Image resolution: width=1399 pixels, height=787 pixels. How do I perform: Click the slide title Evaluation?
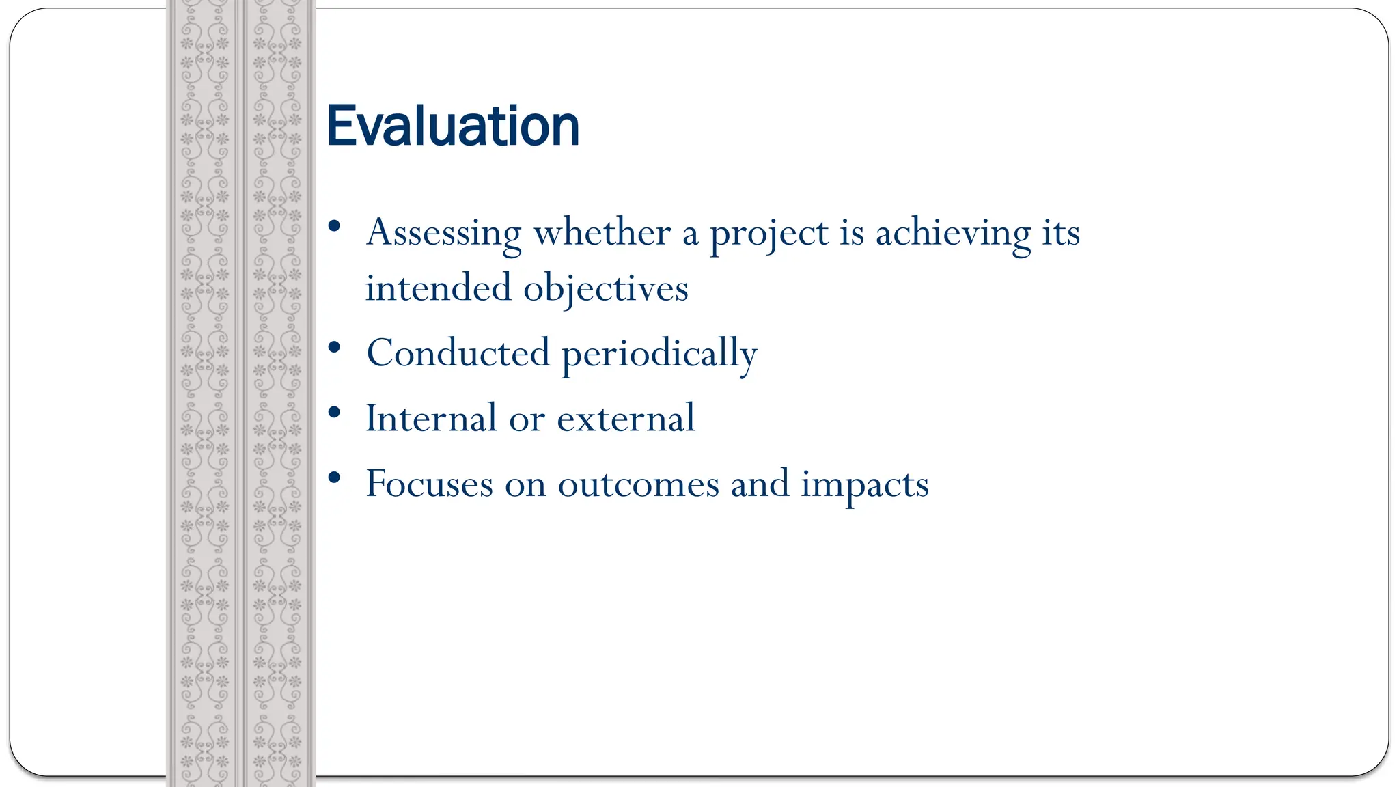click(453, 126)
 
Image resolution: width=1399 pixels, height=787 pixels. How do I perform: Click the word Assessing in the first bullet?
click(443, 233)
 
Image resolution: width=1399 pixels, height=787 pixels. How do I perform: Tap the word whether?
click(601, 233)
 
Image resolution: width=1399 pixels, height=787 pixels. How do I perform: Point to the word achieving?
click(953, 233)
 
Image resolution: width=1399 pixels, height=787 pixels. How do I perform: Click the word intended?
click(437, 288)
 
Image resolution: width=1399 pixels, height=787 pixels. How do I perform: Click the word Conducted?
click(458, 353)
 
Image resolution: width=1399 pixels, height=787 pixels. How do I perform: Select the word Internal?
click(430, 418)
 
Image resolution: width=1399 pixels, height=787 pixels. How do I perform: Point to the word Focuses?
click(429, 484)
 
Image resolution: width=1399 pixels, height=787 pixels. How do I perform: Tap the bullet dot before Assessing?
click(334, 226)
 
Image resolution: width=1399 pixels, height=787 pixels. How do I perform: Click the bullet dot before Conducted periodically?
click(334, 347)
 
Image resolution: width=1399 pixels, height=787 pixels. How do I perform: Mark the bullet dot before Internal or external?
click(334, 412)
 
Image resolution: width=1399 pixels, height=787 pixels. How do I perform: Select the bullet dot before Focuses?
click(334, 478)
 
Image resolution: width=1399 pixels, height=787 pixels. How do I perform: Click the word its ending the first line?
click(1061, 233)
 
